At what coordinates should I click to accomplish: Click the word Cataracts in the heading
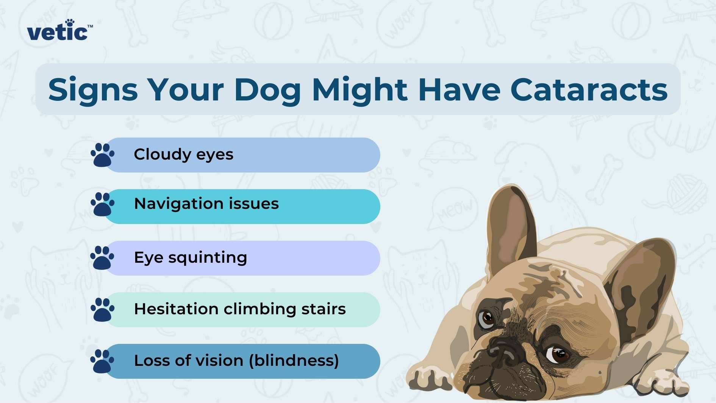click(589, 90)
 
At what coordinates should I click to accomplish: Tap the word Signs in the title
click(93, 90)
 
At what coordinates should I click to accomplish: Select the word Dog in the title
click(267, 90)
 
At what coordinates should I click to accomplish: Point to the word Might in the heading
click(360, 90)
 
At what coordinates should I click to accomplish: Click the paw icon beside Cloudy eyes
click(102, 155)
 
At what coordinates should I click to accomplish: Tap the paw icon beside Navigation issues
click(102, 204)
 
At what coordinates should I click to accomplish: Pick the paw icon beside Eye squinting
click(102, 258)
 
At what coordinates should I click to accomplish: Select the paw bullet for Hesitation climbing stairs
click(102, 309)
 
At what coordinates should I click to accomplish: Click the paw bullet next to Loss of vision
click(102, 361)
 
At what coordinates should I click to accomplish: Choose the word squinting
click(208, 258)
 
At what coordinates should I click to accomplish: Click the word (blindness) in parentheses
click(294, 361)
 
